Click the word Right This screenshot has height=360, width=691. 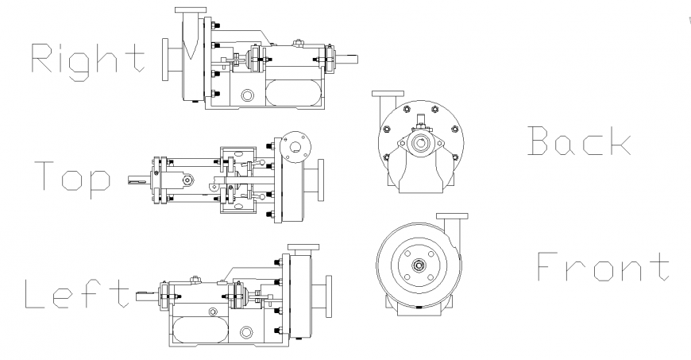click(88, 59)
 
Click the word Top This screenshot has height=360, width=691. click(71, 178)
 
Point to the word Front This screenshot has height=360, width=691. click(604, 267)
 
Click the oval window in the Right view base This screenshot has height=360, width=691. click(294, 91)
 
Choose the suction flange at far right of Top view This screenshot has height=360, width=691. click(321, 181)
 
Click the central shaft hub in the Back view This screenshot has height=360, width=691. click(420, 143)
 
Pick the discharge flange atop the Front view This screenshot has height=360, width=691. click(453, 215)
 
